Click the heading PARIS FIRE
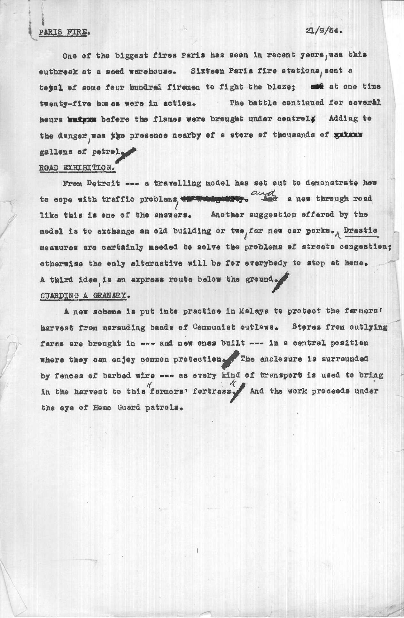coord(63,33)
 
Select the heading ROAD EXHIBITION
coord(78,167)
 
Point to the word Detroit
coord(103,183)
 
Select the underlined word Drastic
coord(362,231)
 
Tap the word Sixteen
coord(204,71)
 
